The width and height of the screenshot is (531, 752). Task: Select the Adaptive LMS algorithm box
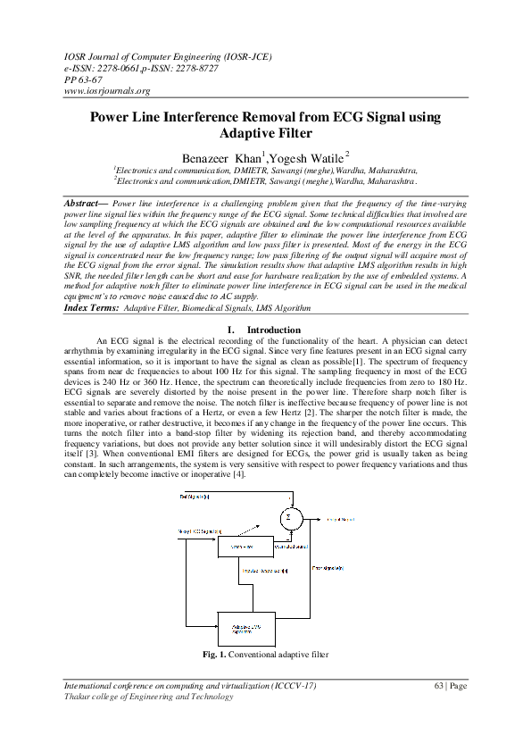point(247,629)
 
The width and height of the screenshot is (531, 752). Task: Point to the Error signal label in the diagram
point(325,566)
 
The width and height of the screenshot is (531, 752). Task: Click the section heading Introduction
point(274,330)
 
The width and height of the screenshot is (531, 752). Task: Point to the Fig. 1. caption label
point(214,655)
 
